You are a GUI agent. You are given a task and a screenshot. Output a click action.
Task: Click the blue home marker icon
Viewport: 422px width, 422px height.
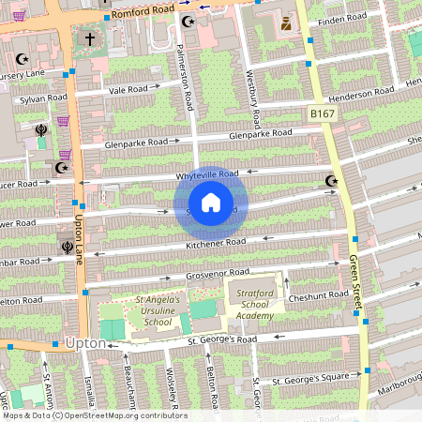[x=211, y=203]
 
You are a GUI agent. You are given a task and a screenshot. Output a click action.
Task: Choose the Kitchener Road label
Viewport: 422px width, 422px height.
[x=216, y=243]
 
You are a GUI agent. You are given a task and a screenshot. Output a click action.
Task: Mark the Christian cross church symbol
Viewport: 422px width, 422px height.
[x=90, y=39]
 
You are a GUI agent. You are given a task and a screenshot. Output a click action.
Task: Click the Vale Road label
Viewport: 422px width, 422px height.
[x=128, y=90]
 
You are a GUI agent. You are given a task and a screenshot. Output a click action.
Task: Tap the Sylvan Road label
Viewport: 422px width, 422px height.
[x=45, y=97]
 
